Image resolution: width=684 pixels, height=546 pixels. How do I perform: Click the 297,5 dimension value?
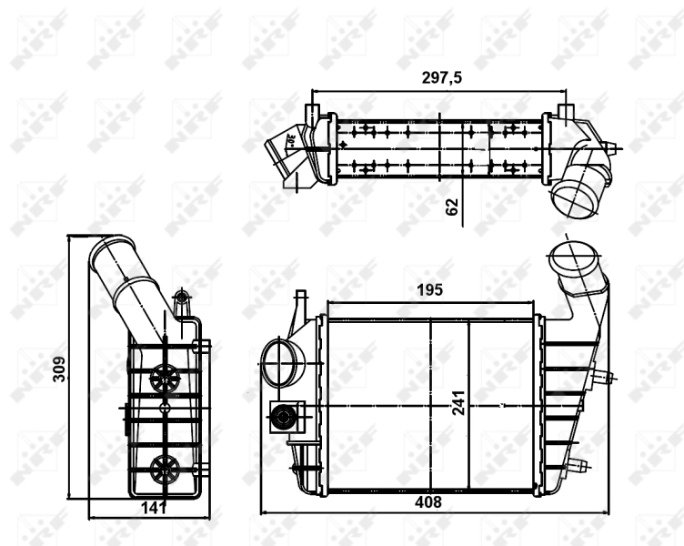442,78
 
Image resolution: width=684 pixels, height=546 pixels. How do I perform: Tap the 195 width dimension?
429,290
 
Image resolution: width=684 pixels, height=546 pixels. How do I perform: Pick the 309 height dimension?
59,368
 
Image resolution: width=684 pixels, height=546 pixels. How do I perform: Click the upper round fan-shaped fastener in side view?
166,377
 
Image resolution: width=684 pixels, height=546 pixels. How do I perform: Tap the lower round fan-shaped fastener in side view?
166,468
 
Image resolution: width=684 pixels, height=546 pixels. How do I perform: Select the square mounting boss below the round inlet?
285,418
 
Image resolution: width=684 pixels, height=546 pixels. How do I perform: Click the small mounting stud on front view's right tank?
605,376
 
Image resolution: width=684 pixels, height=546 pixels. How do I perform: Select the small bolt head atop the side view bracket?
180,297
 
